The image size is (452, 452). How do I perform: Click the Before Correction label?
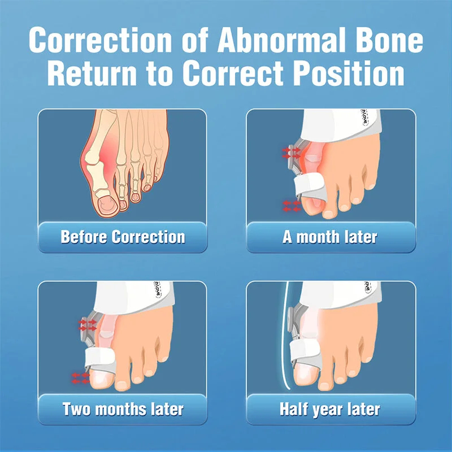pos(123,236)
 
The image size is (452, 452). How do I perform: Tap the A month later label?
pos(330,236)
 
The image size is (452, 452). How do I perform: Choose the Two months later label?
pos(123,408)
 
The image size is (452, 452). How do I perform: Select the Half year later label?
pos(330,408)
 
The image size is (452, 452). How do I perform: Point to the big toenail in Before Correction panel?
pos(105,203)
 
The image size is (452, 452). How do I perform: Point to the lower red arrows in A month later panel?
pos(292,206)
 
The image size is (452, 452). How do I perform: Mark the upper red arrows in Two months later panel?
pos(88,324)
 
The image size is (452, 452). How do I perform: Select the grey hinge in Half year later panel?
pos(293,320)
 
